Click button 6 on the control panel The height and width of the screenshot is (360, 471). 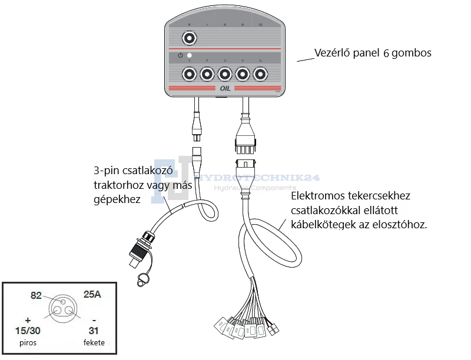189,39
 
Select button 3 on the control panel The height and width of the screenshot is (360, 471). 225,74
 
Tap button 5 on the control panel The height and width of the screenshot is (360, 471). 261,74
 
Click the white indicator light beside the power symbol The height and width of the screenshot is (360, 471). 190,55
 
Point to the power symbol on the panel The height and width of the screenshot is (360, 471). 181,55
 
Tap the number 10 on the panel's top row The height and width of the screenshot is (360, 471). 261,25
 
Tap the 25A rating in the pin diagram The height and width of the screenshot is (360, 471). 93,294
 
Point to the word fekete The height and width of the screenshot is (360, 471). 92,342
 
